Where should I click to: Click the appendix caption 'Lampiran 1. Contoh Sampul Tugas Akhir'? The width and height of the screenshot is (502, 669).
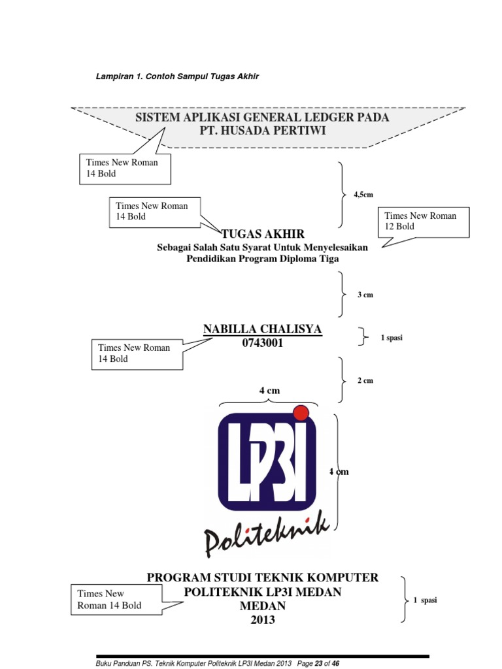point(178,76)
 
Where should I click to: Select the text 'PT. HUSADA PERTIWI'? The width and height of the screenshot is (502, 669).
point(263,131)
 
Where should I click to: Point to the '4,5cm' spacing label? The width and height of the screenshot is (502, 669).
point(363,195)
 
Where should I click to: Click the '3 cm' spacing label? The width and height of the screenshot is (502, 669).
point(365,295)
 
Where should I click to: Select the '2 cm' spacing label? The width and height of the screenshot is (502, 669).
point(365,380)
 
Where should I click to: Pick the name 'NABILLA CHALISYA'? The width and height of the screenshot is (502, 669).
point(263,329)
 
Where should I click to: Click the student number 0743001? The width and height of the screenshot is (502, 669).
point(263,343)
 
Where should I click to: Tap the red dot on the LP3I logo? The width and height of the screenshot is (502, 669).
point(301,412)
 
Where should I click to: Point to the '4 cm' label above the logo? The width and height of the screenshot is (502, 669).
point(269,390)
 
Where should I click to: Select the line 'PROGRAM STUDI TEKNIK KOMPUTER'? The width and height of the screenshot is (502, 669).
point(263,578)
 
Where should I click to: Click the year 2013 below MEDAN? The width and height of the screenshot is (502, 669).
point(263,620)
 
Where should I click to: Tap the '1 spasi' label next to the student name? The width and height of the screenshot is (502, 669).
point(392,337)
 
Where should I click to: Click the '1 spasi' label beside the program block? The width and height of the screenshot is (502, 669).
point(425,600)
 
